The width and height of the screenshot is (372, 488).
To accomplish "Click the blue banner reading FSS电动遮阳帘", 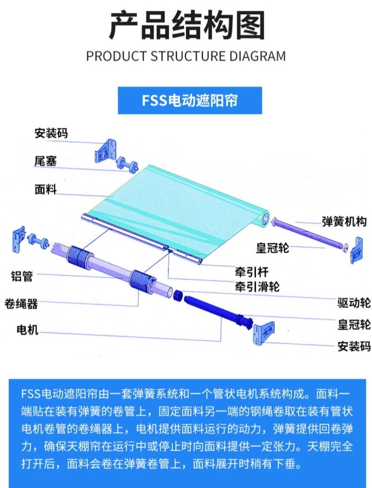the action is (x=183, y=100).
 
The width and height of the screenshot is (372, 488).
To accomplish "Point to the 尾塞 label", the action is (x=45, y=161).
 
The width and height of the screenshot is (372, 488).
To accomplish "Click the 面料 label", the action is (x=45, y=189).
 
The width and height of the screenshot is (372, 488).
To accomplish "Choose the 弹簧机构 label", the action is (x=344, y=221).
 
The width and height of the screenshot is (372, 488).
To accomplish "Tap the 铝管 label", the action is (x=22, y=277).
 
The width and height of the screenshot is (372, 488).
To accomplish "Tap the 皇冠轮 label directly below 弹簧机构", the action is (x=273, y=248).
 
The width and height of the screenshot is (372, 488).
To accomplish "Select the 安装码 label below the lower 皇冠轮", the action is (x=354, y=347).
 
